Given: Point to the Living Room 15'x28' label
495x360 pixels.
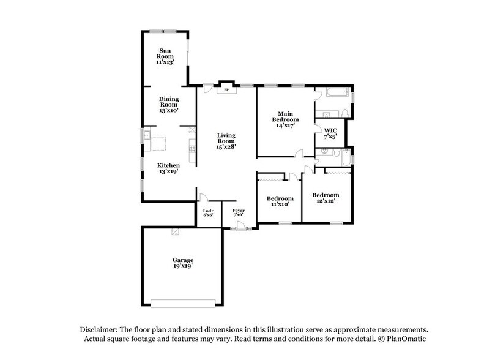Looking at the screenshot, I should [x=226, y=141].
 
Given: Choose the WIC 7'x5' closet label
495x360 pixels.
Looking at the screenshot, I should [x=330, y=133].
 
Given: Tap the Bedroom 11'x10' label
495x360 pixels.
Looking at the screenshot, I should [x=280, y=201].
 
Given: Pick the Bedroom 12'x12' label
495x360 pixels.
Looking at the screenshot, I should [x=326, y=197].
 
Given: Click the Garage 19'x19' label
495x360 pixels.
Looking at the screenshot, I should [x=183, y=264].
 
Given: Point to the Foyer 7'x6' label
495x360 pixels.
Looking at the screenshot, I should [x=238, y=213].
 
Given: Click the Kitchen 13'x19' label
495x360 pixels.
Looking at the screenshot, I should [x=168, y=169].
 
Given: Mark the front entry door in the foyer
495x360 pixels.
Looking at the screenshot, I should [x=240, y=228].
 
